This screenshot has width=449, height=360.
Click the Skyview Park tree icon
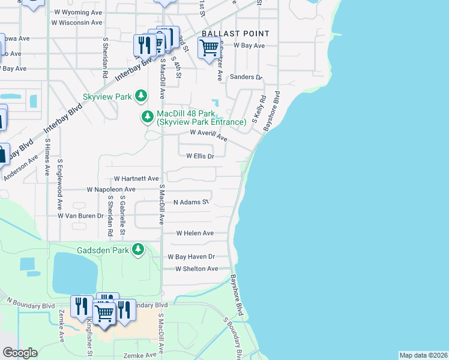click(140, 96)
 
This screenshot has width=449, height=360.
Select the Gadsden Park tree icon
click(138, 249)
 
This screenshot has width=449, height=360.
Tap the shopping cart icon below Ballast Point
click(208, 47)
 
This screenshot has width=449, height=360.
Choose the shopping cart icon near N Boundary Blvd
click(104, 312)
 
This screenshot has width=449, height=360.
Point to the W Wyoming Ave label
click(77, 12)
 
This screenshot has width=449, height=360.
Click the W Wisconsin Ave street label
click(76, 23)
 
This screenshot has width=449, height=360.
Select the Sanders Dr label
click(247, 77)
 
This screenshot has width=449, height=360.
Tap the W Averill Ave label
click(208, 135)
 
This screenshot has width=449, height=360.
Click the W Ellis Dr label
click(200, 155)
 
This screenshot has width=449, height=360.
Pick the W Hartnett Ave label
click(136, 179)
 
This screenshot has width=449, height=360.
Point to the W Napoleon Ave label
click(111, 189)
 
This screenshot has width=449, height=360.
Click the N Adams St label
click(190, 203)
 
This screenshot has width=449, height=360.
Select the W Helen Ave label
click(194, 233)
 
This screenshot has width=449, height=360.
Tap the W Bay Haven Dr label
click(191, 257)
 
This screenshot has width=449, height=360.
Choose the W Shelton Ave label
click(196, 269)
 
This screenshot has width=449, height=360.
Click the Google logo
click(20, 353)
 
